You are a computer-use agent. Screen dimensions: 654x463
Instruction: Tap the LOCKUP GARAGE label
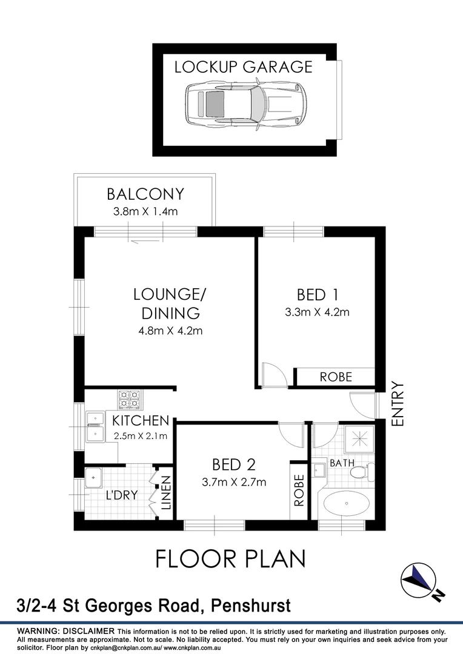coord(243,67)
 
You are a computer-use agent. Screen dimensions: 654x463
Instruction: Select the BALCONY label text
coord(145,194)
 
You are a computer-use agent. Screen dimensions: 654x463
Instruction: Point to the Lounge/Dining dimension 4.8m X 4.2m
coord(172,331)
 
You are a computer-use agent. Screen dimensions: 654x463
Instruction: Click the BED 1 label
coord(317,295)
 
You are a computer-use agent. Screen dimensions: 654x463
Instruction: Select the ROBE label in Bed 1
coord(336,377)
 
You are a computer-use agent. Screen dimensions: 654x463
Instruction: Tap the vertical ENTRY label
coord(398,404)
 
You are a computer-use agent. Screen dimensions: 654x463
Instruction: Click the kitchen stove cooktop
coord(128,399)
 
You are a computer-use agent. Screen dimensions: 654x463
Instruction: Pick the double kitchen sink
coord(95,426)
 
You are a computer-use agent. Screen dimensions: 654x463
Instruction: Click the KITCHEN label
coord(140,420)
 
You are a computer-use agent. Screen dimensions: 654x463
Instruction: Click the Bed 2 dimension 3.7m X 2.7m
coord(233,483)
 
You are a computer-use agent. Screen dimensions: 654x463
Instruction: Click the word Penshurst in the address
coord(250,605)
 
